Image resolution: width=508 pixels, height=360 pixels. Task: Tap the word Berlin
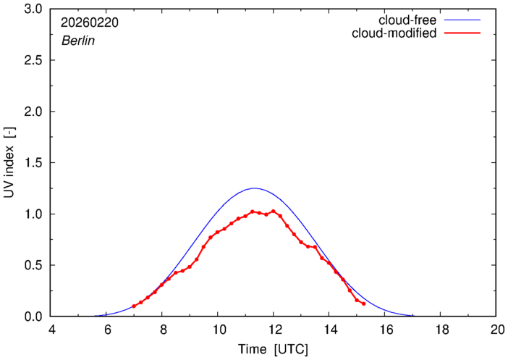tap(77, 41)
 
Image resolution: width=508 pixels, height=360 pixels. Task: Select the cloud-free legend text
tap(408, 20)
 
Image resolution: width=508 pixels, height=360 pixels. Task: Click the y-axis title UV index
tap(9, 163)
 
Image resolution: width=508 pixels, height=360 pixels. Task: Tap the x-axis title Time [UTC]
tap(274, 349)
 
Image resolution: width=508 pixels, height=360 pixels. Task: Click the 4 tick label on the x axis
tap(51, 330)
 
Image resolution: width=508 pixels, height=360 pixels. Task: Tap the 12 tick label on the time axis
tap(274, 330)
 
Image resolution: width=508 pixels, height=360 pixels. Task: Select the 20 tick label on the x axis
tap(496, 330)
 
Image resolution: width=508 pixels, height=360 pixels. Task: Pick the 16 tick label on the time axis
tap(384, 330)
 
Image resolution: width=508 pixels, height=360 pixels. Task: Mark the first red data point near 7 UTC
tap(134, 306)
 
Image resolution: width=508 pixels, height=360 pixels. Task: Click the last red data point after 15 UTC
tap(363, 304)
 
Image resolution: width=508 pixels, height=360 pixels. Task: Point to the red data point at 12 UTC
tap(274, 212)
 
